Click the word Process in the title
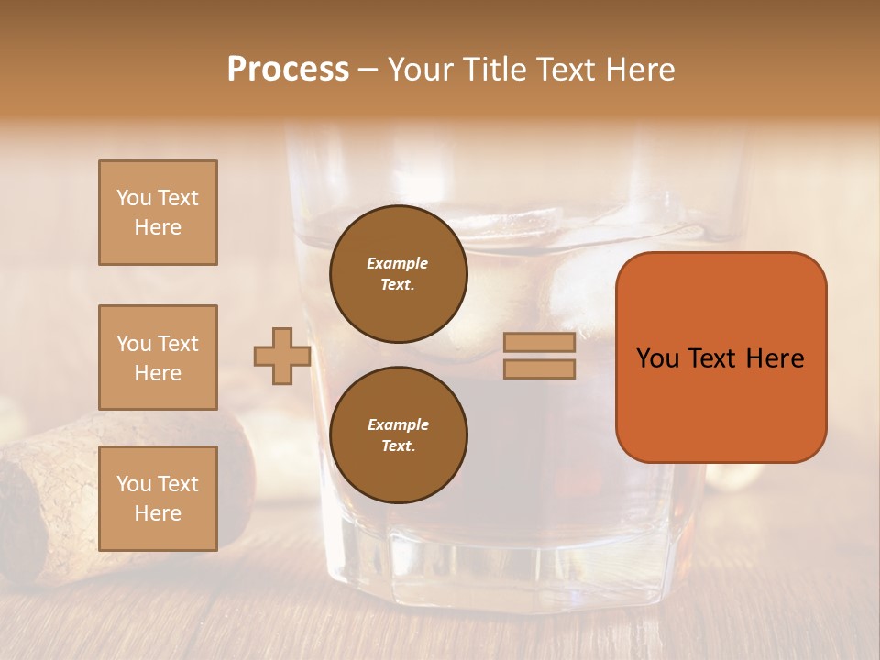[x=288, y=70]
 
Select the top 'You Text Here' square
[x=158, y=213]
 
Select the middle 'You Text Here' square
[x=158, y=357]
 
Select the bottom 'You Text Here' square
[x=158, y=499]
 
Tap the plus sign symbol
[x=281, y=357]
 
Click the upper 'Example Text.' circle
[x=399, y=273]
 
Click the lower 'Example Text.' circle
[x=399, y=434]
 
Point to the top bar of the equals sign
[x=539, y=343]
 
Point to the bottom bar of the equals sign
[x=539, y=369]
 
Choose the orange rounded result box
[x=720, y=403]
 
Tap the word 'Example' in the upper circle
[x=397, y=263]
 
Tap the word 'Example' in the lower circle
[x=398, y=424]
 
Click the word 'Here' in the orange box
[x=775, y=358]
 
